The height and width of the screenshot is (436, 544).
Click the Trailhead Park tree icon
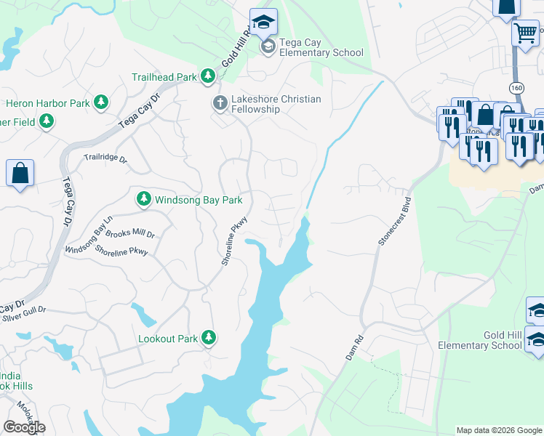(x=208, y=76)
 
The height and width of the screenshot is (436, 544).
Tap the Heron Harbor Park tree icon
(x=102, y=103)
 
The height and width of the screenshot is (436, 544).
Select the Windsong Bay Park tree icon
(x=144, y=198)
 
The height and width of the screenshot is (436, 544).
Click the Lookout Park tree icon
(x=209, y=338)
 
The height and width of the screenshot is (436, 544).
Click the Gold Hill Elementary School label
(x=492, y=340)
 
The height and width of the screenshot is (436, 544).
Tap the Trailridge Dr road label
(x=105, y=158)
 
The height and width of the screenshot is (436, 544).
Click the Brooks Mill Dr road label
(x=130, y=234)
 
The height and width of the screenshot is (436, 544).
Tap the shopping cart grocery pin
(x=525, y=33)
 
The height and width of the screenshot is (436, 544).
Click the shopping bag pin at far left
(x=20, y=174)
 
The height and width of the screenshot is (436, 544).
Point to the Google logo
(x=24, y=427)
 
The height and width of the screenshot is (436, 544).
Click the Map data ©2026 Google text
(x=498, y=430)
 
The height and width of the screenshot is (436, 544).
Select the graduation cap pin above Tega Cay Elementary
(x=263, y=22)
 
